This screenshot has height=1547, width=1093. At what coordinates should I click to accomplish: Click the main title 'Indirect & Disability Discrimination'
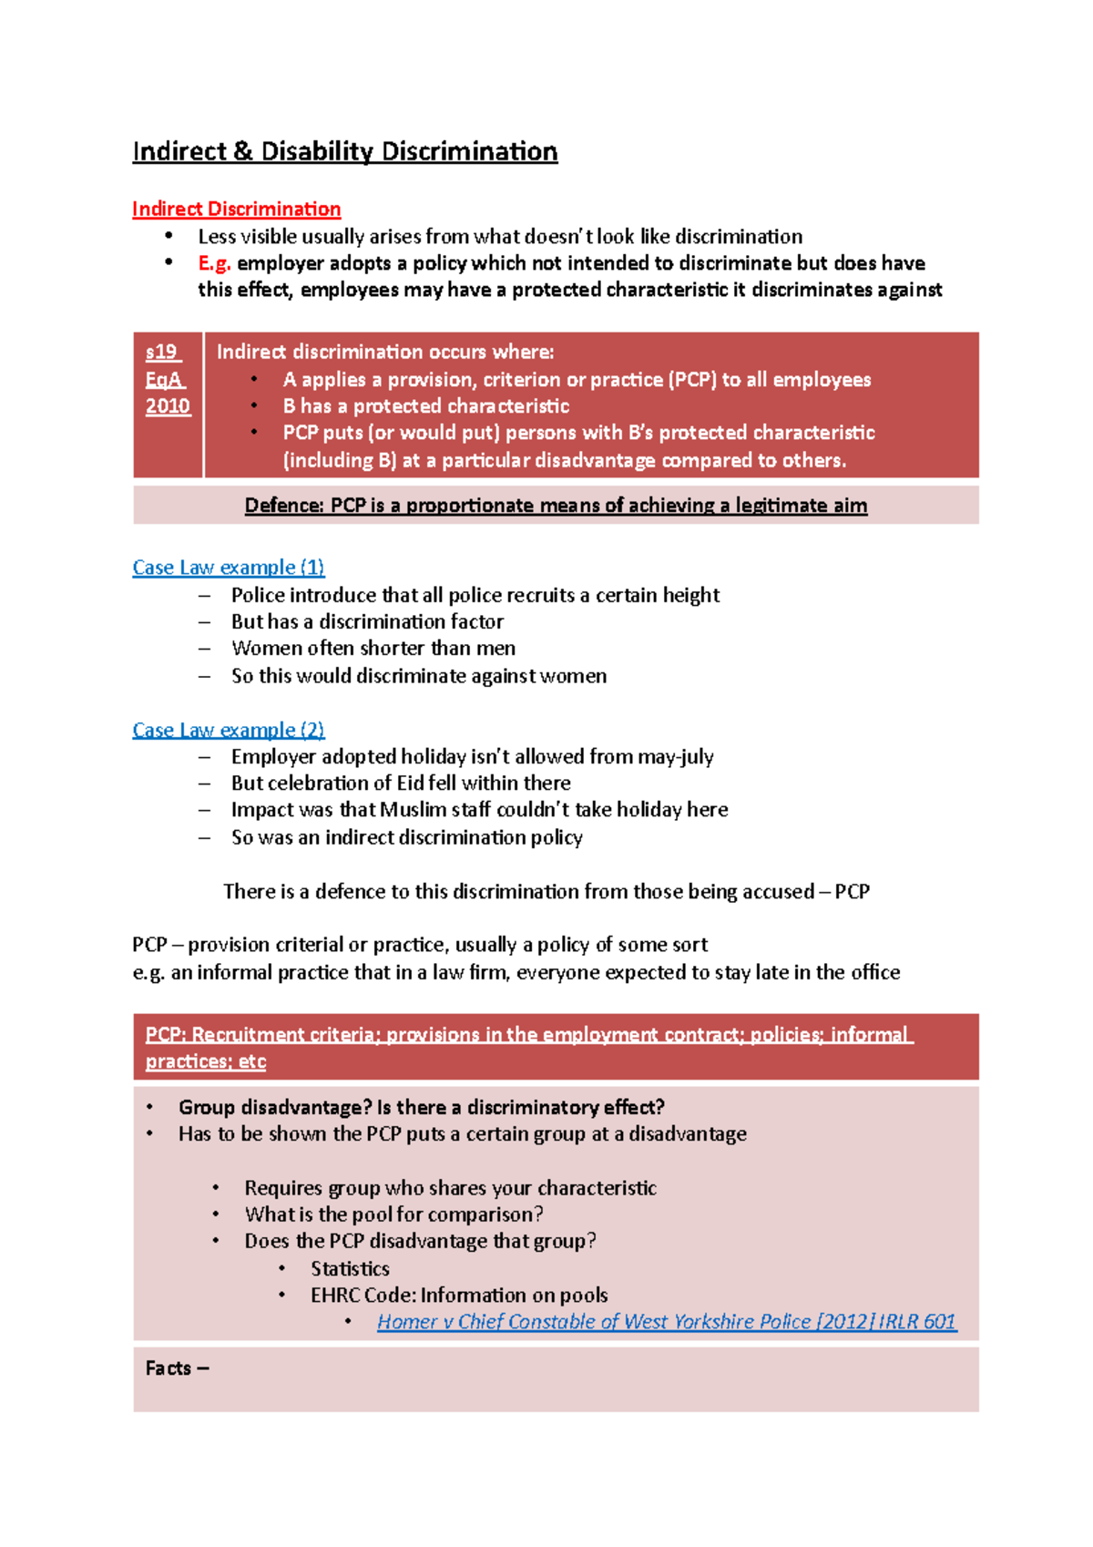coord(344,151)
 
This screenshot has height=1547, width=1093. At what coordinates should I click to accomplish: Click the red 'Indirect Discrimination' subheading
coord(236,210)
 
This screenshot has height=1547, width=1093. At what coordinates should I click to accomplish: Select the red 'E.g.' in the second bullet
coord(214,263)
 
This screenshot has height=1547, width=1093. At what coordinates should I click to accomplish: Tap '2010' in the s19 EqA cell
coord(168,406)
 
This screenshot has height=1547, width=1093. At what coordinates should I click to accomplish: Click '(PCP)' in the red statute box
coord(692,380)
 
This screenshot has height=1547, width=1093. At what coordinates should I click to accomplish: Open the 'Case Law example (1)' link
coord(228,568)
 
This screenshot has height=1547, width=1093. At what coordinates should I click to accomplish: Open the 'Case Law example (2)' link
coord(228,730)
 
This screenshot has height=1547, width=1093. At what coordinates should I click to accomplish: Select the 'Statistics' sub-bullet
coord(350,1269)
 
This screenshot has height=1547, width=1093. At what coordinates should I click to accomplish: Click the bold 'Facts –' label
coord(177,1368)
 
